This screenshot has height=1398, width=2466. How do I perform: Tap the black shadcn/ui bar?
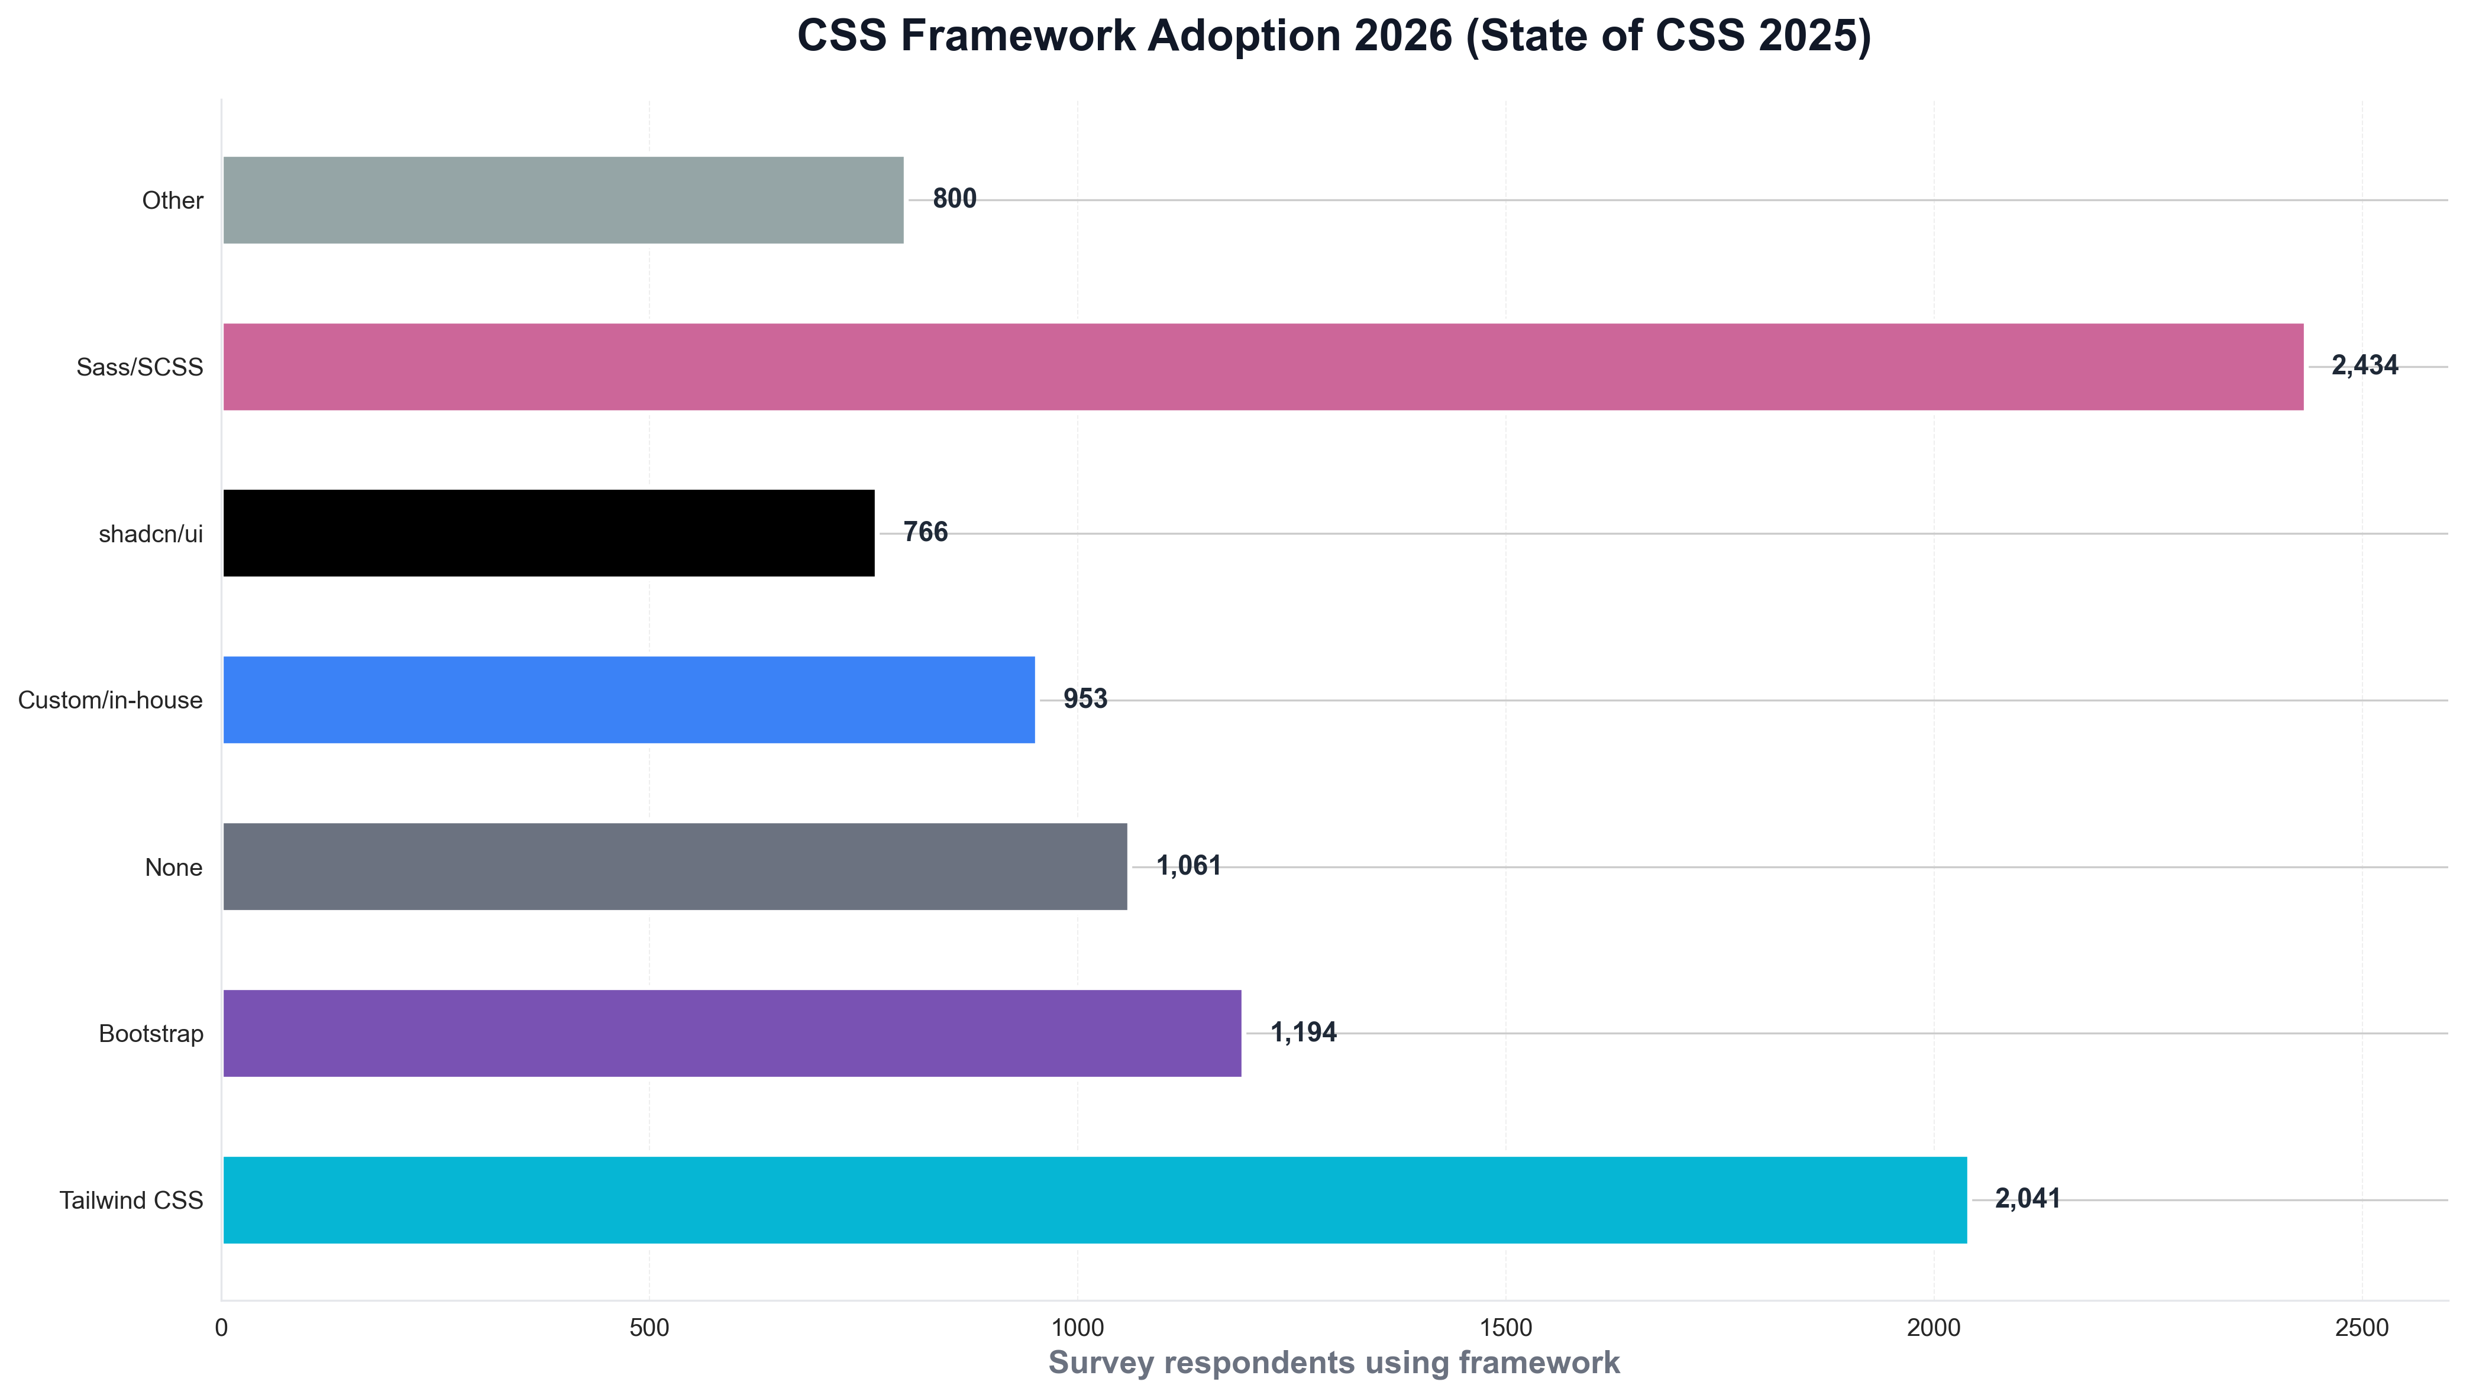coord(548,533)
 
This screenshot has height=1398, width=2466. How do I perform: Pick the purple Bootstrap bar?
coord(732,1033)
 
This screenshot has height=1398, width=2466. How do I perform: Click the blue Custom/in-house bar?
coord(629,700)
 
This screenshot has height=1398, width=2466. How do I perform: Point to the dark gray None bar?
coord(675,866)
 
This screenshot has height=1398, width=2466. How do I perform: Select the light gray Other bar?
coord(563,200)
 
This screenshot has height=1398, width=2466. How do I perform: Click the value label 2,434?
coord(2364,366)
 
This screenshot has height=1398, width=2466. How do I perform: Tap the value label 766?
coord(925,532)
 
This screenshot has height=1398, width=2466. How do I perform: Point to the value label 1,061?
coord(1188,866)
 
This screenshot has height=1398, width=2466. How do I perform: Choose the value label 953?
coord(1085,699)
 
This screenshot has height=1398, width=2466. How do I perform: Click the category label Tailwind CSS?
coord(131,1200)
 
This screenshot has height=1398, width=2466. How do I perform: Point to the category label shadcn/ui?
coord(151,534)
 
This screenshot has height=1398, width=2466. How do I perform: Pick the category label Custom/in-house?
coord(111,700)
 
